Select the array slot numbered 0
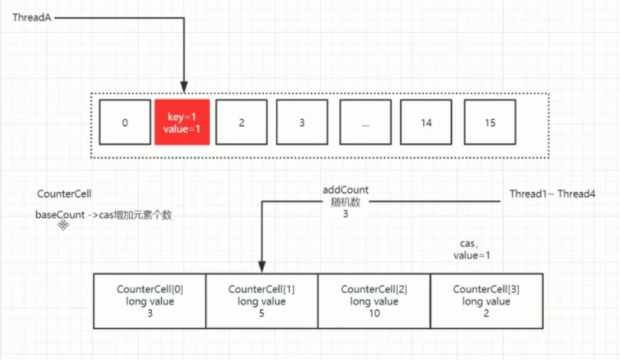124,122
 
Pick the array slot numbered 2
242,122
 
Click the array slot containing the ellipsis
364,122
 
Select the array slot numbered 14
427,122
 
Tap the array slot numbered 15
489,122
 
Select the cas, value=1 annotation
475,250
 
